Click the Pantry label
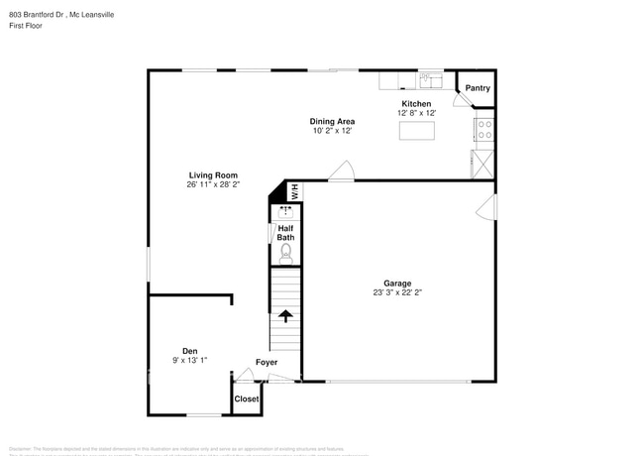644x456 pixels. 478,88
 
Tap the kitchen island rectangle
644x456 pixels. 416,130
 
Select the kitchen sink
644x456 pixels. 431,78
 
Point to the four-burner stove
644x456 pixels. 485,128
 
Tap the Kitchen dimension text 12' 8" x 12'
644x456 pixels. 415,112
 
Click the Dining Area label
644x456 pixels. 332,121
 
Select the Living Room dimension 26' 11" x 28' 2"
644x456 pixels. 213,184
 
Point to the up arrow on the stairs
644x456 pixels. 285,317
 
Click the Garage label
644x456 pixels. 397,284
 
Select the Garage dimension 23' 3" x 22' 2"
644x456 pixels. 397,293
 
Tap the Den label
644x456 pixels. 189,351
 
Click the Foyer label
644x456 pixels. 267,363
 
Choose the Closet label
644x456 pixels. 247,399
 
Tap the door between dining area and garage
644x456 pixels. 341,171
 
